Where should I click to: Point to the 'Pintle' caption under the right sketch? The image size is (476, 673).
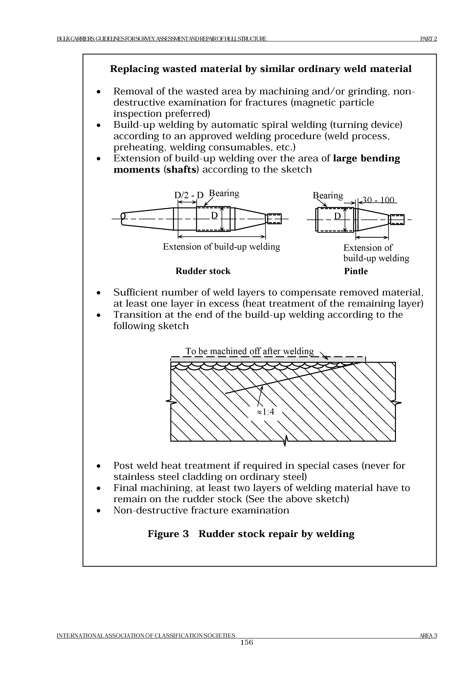tap(356, 271)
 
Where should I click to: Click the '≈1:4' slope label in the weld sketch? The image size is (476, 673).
tap(265, 412)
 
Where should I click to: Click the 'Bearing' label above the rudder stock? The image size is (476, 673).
tap(224, 193)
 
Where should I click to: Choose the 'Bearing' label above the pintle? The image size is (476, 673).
tap(328, 195)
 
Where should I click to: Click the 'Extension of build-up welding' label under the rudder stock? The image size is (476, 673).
tap(221, 247)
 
